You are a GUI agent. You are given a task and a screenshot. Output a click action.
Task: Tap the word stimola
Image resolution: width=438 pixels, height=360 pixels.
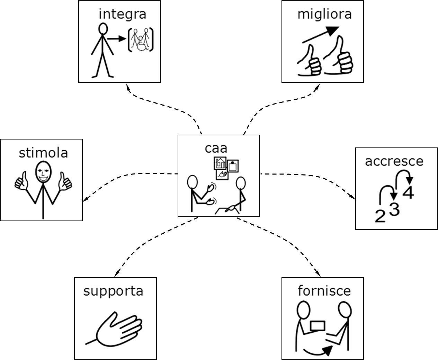pos(43,153)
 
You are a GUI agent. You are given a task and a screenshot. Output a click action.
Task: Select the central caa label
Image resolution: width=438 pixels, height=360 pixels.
pos(216,148)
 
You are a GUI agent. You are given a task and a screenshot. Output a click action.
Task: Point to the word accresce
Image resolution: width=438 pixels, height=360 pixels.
pos(394,162)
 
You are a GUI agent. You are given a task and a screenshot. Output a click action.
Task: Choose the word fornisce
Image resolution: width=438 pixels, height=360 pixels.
pos(324,291)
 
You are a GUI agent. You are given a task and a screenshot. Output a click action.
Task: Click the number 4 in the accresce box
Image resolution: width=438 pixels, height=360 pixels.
pos(408,192)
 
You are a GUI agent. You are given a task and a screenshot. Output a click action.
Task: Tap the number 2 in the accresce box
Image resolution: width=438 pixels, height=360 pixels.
pos(380,216)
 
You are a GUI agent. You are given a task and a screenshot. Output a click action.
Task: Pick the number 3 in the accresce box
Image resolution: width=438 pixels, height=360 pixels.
pos(394,209)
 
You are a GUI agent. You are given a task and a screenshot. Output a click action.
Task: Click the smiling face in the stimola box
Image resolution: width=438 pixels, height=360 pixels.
pos(43,172)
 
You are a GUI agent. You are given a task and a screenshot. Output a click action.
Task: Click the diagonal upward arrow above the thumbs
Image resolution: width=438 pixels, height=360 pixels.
pos(321,35)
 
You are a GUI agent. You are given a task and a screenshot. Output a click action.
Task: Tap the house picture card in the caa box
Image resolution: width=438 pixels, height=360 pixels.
pos(220,163)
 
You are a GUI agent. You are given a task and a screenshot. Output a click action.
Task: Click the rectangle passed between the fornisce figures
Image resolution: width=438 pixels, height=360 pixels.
pos(318,326)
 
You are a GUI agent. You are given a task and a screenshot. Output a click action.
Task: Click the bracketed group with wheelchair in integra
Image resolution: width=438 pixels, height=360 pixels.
pos(141,39)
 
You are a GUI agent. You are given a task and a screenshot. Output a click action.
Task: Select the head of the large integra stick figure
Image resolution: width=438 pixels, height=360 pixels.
pos(103,28)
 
